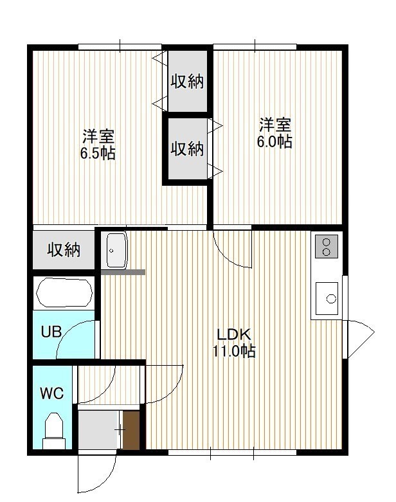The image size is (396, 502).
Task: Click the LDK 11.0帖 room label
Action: click(235, 343)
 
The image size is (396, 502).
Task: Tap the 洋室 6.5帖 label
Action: click(98, 145)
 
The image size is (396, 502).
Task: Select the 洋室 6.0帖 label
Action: click(274, 133)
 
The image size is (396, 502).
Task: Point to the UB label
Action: click(51, 332)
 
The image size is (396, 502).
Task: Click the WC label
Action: click(52, 393)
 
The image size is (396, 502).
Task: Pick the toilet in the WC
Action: click(54, 431)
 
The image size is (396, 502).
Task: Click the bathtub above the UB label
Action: click(64, 293)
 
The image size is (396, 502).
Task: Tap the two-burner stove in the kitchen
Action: click(327, 247)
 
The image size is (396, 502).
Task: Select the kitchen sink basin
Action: click(327, 298)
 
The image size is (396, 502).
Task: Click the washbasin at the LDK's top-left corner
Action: click(116, 250)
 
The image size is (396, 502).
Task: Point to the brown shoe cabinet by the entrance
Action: click(131, 430)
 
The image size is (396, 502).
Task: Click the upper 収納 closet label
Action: click(187, 82)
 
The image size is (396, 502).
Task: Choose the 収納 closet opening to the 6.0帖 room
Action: click(188, 149)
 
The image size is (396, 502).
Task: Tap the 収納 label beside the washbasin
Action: click(64, 250)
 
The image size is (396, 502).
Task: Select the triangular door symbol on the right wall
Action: click(361, 339)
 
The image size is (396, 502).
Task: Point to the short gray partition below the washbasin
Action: click(123, 272)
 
